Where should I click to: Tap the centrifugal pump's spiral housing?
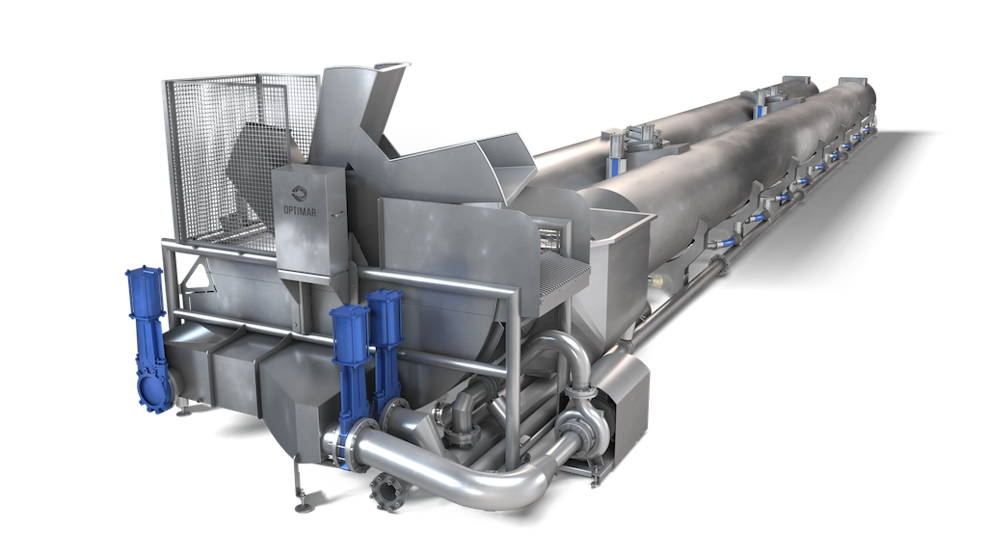[x=580, y=424]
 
